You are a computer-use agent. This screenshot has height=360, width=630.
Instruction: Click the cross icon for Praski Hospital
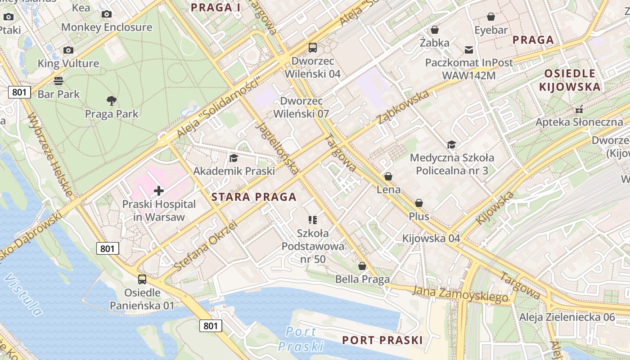(x=158, y=191)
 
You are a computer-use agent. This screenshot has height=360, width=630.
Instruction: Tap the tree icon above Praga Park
(x=111, y=100)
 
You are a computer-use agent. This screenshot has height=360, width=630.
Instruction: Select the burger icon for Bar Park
(x=58, y=81)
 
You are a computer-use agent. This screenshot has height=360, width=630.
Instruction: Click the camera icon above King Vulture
(x=68, y=50)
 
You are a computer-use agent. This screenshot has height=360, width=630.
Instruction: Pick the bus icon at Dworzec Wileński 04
(x=312, y=47)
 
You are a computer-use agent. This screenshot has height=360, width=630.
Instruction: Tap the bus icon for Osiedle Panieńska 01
(x=142, y=279)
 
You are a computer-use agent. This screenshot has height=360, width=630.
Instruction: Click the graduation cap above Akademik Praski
(x=234, y=158)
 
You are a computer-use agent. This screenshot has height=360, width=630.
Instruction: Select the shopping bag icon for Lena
(x=388, y=176)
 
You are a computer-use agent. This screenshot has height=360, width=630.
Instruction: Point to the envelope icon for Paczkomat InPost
(x=469, y=49)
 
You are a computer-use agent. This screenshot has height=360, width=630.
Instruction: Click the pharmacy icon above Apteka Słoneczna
(x=579, y=109)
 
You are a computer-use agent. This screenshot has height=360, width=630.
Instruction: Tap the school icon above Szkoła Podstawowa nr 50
(x=312, y=220)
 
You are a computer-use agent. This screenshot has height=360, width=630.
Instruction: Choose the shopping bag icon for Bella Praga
(x=362, y=266)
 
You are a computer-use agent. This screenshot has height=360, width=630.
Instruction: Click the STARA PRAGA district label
(x=254, y=197)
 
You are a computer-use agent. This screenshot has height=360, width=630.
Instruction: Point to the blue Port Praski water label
(x=301, y=339)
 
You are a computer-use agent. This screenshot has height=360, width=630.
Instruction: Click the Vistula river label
(x=23, y=294)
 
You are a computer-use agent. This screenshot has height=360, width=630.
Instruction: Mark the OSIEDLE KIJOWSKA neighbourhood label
(x=571, y=80)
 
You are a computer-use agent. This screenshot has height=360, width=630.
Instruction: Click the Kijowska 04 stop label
(x=431, y=238)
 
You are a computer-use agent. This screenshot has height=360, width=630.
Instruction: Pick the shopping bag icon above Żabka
(x=434, y=30)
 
